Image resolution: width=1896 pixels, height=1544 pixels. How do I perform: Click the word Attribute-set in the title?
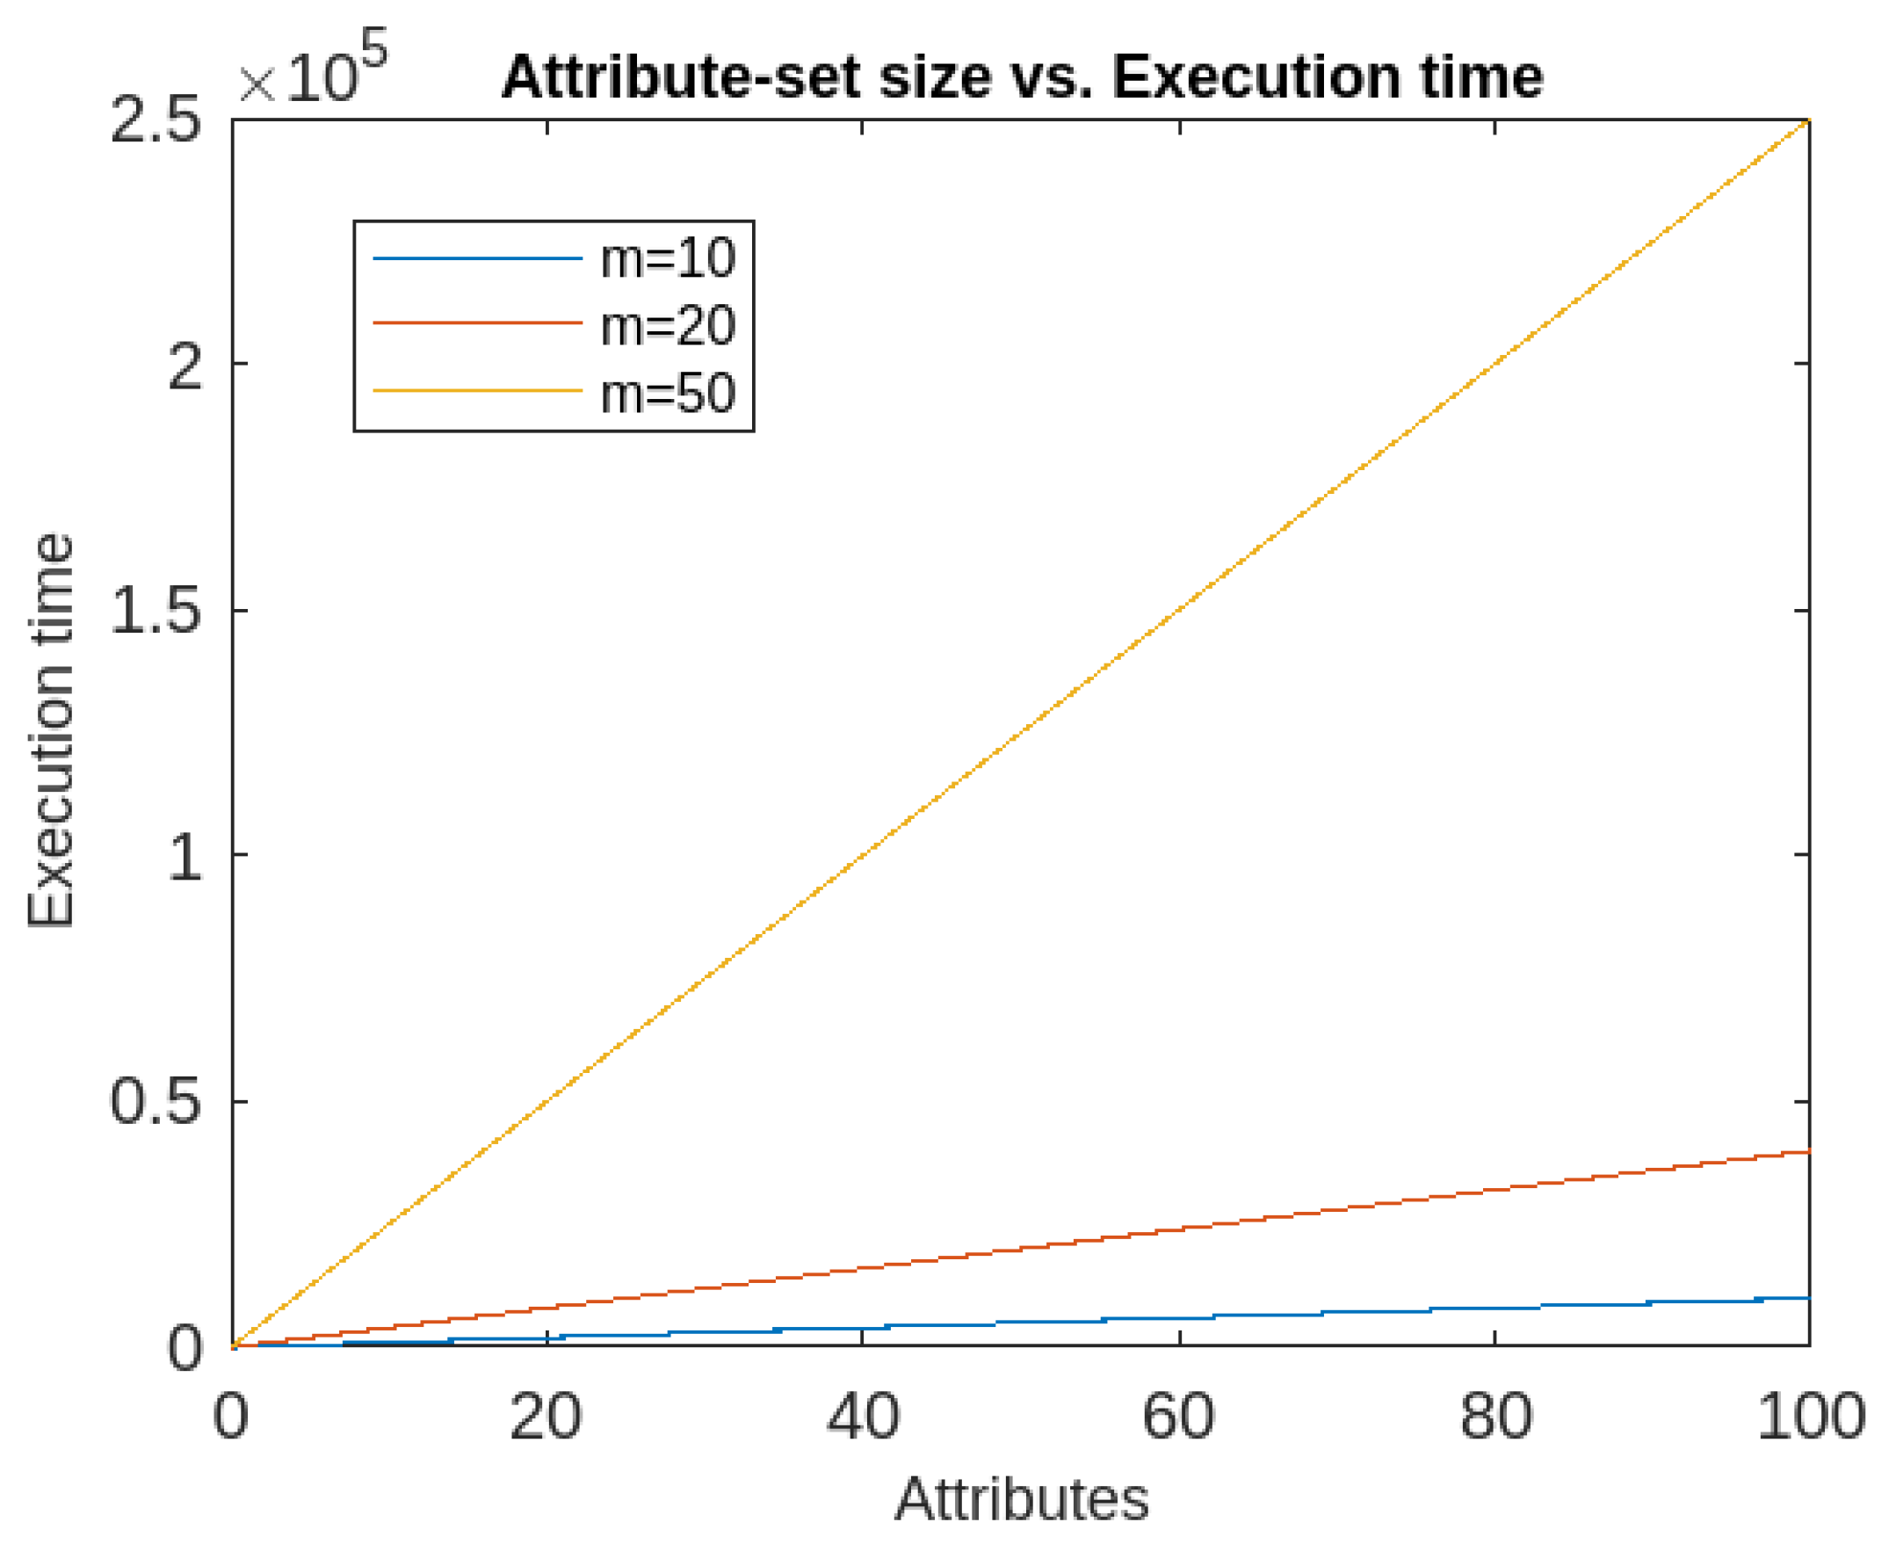681,78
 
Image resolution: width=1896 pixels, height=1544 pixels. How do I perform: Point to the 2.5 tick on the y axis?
155,122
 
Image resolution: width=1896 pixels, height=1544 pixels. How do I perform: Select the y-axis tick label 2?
185,366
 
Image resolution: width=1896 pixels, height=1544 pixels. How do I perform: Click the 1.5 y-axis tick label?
155,612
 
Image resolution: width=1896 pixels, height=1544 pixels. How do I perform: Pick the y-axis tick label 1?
185,859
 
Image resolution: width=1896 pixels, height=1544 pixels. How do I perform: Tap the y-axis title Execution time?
51,731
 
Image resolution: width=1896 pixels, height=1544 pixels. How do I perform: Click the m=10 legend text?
668,259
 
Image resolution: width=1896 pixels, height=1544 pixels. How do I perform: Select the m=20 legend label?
668,325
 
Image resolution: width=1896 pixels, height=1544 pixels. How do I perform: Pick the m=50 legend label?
668,393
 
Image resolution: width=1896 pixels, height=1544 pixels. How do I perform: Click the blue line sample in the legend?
477,259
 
